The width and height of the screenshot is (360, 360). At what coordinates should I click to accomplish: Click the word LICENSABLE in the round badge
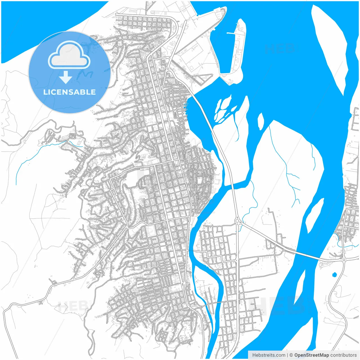(69, 92)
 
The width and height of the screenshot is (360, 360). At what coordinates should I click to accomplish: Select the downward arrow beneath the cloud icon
(66, 77)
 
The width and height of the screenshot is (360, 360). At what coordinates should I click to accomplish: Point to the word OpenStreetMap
(311, 355)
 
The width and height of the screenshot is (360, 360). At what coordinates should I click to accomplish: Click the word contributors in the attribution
(343, 355)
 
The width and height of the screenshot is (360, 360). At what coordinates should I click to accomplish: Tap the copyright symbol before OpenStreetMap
(291, 355)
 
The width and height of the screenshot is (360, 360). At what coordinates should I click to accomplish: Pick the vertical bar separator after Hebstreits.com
(287, 355)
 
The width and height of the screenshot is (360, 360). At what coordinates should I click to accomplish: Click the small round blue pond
(334, 274)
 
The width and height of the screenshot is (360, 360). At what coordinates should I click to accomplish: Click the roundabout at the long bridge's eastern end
(343, 259)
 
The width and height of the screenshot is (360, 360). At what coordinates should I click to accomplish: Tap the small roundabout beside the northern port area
(168, 69)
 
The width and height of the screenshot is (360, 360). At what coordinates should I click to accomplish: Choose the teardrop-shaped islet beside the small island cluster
(261, 121)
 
